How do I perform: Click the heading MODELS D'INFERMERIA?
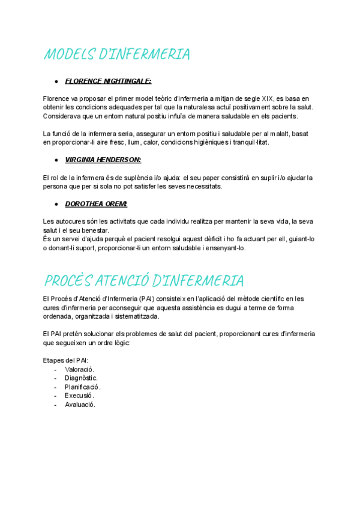116,55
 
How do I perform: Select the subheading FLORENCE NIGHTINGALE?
108,80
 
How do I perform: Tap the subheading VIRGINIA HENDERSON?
103,160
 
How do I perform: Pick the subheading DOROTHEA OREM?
96,204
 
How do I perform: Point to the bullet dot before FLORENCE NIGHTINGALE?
56,80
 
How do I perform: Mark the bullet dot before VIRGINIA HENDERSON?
56,160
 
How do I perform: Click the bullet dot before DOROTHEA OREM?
56,204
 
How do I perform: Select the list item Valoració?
79,370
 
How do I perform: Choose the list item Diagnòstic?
81,378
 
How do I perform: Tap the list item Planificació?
83,387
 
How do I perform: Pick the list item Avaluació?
80,405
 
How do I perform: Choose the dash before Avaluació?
56,405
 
